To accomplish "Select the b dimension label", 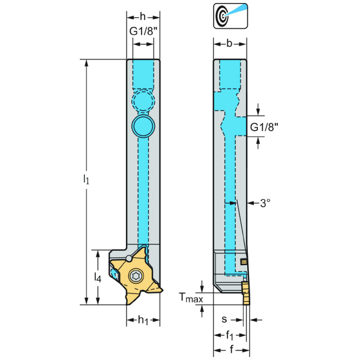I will coord(230,43).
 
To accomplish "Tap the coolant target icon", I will coord(230,16).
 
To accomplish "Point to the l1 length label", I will coord(88,179).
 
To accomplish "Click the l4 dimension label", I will coord(97,277).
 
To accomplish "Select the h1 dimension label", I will coord(143,320).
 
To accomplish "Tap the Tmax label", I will coord(191,297).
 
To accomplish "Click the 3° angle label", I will coord(265,203).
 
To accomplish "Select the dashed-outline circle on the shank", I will coord(143,99).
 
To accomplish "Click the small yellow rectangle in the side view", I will coord(244,262).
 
